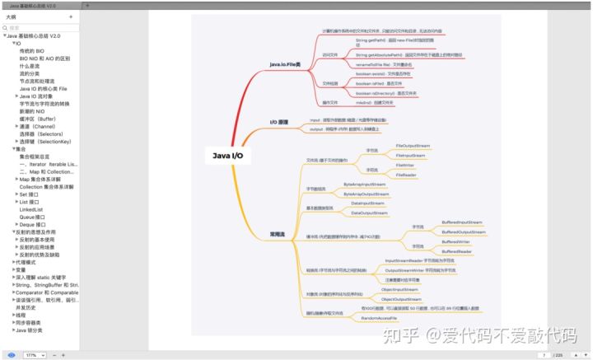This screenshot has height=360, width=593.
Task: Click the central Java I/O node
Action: coord(228,154)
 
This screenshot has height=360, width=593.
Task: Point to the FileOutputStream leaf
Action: coord(411,144)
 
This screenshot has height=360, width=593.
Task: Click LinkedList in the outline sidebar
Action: coord(31,209)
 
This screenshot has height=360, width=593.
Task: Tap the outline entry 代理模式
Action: coord(27,262)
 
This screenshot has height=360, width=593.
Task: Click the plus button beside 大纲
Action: coord(71,16)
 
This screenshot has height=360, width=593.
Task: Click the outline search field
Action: coord(41,28)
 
